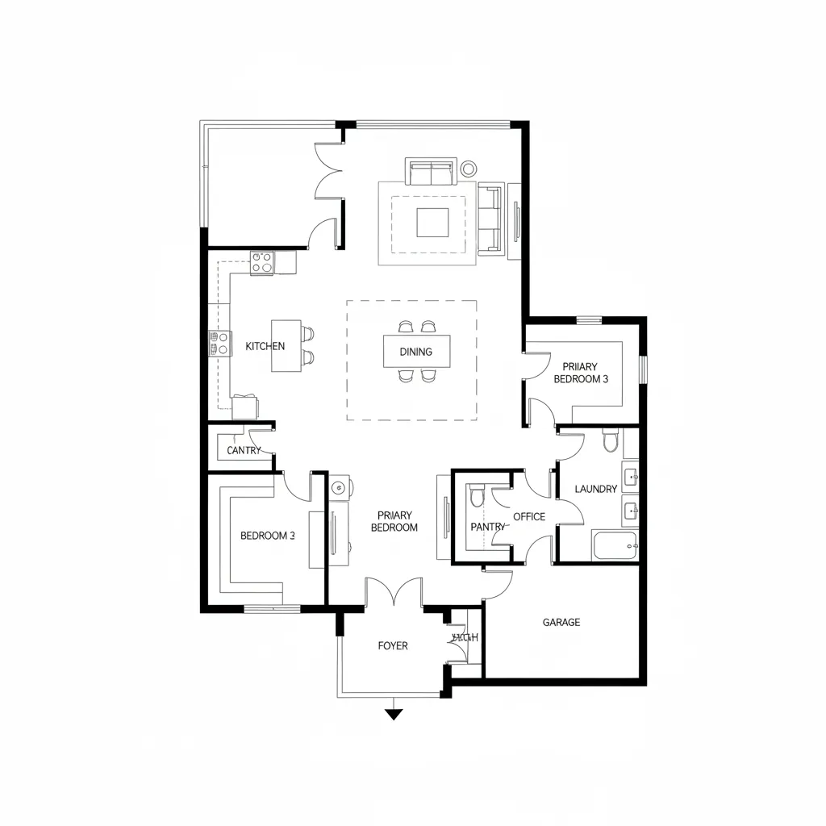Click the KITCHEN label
[265, 346]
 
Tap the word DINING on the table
[415, 352]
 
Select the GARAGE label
[561, 623]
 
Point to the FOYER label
[393, 646]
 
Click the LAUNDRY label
[595, 489]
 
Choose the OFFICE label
[529, 517]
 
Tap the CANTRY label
[244, 451]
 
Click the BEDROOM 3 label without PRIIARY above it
[267, 536]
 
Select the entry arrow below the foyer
[393, 713]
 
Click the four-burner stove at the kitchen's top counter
[261, 263]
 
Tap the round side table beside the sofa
[469, 169]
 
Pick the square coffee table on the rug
[432, 223]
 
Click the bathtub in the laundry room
[615, 546]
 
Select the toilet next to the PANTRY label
[477, 494]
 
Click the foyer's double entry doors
[393, 593]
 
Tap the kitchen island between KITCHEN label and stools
[285, 346]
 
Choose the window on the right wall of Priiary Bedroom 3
[643, 369]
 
